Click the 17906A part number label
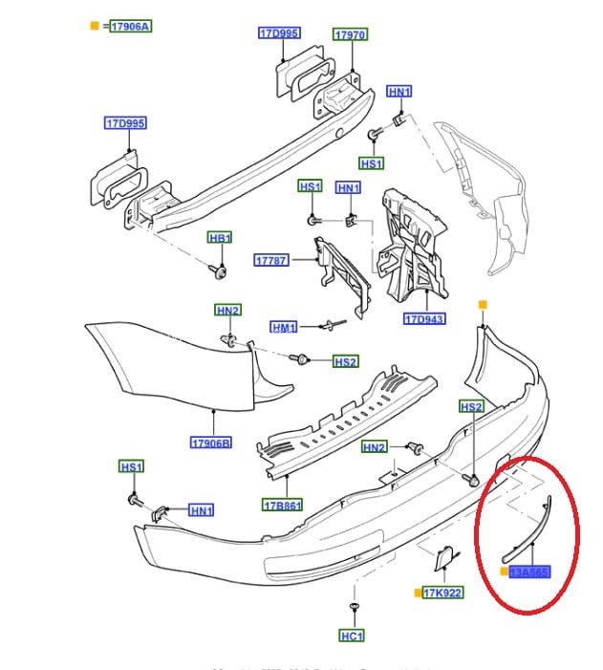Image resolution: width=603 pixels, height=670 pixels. (x=130, y=27)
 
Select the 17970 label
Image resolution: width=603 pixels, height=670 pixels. (x=349, y=35)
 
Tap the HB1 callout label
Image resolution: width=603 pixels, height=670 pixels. (x=220, y=237)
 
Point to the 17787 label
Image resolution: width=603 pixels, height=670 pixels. (x=270, y=260)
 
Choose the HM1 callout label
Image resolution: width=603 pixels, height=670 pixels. (x=284, y=328)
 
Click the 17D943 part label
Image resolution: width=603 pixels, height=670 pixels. (x=423, y=319)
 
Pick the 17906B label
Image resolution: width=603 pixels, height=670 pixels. (x=211, y=443)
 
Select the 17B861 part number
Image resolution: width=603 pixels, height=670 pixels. (x=282, y=505)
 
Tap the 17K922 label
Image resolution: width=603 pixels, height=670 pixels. (x=442, y=594)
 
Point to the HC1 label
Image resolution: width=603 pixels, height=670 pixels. (x=352, y=636)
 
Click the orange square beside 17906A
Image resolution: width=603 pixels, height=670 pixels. (x=94, y=27)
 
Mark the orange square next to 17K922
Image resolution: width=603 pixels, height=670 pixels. (x=418, y=594)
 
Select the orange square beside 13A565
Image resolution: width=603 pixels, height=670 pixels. (x=504, y=573)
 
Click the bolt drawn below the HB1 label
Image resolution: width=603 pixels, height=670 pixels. (x=222, y=272)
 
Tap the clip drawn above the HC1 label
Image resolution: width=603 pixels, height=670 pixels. (x=354, y=608)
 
